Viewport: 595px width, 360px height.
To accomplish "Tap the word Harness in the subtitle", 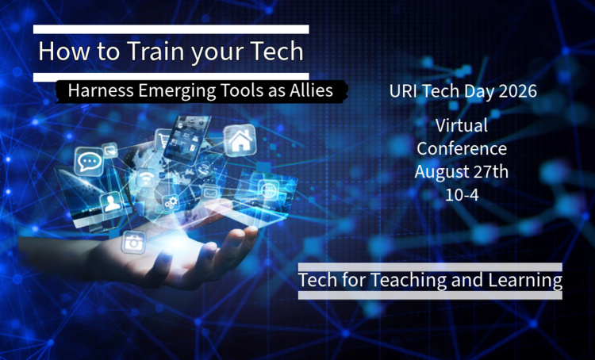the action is coord(101,90).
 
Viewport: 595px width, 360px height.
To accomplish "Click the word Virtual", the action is coord(462,125).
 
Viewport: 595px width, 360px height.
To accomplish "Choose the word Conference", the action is coord(462,148).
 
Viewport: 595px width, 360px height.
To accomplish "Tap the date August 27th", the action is coord(462,171).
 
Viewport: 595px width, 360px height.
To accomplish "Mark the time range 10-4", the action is coord(462,194).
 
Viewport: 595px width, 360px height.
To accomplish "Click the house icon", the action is coord(240,140).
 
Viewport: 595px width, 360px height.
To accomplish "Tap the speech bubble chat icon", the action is coord(89,162).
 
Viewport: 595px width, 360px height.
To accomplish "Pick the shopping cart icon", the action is coord(164,140).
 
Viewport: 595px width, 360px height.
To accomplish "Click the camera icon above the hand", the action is coord(133,242).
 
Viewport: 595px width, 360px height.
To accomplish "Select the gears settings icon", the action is coord(171,202).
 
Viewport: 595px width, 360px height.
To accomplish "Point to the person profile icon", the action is coord(111,204).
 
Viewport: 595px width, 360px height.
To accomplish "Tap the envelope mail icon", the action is coord(210,193).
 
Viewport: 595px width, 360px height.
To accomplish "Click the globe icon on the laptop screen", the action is coord(269,190).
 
